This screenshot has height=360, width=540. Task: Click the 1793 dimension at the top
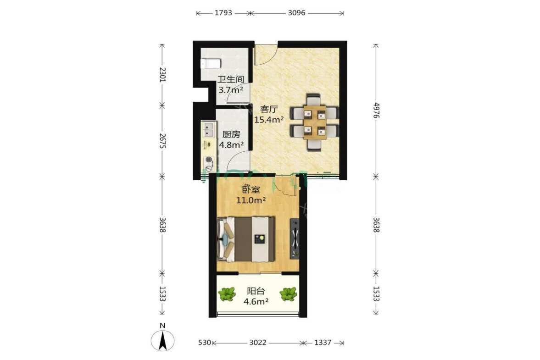[x=223, y=13]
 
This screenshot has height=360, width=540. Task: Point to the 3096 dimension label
[x=296, y=13]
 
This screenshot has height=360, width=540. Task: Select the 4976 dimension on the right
[x=376, y=110]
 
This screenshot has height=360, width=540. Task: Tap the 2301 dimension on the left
[x=162, y=75]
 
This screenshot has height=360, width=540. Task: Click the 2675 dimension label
[x=162, y=141]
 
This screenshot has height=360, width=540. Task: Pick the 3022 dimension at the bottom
[x=257, y=343]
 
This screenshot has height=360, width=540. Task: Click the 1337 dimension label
[x=323, y=343]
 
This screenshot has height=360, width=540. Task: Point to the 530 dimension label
[x=204, y=343]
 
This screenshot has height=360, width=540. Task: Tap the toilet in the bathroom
[x=211, y=64]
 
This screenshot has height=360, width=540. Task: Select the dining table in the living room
[x=314, y=122]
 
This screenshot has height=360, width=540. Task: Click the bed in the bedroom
[x=246, y=239]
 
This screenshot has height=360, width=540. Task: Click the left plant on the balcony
[x=227, y=294]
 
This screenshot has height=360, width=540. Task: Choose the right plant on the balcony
[x=288, y=294]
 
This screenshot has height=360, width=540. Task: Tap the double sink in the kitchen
[x=208, y=129]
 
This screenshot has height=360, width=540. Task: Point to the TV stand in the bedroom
[x=295, y=238]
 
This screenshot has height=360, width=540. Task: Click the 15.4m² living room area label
[x=268, y=120]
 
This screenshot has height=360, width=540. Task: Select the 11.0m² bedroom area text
[x=251, y=200]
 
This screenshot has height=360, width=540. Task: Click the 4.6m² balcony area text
[x=256, y=302]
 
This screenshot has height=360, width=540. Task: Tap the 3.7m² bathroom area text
[x=231, y=90]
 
